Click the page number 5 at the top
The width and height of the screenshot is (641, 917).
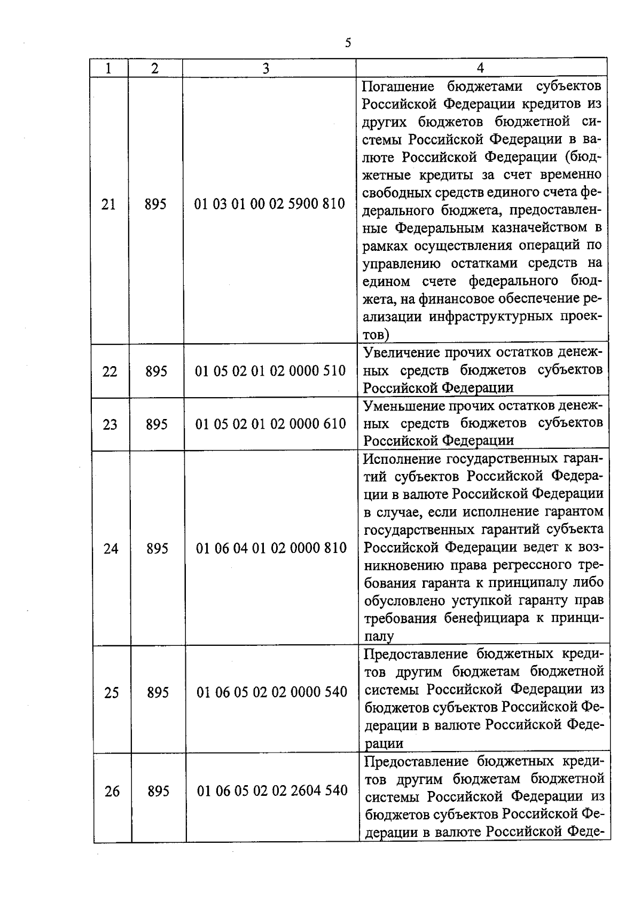(x=348, y=43)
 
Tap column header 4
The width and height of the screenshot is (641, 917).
(x=480, y=68)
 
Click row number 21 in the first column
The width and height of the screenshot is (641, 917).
(x=108, y=204)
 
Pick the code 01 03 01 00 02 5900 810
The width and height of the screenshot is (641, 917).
(x=270, y=204)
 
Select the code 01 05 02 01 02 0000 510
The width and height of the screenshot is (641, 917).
(x=271, y=371)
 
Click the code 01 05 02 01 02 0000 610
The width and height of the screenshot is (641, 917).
(x=271, y=424)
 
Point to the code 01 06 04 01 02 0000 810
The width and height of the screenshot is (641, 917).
(x=271, y=548)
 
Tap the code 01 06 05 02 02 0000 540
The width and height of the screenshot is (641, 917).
(x=272, y=692)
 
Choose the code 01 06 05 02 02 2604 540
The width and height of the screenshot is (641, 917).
(x=272, y=790)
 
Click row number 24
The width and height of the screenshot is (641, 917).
(x=111, y=549)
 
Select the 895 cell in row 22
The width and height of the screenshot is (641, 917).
(x=157, y=371)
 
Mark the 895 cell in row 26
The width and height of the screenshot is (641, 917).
(x=159, y=791)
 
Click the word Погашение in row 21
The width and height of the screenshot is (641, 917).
(x=397, y=86)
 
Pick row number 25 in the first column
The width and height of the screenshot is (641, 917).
(x=111, y=693)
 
